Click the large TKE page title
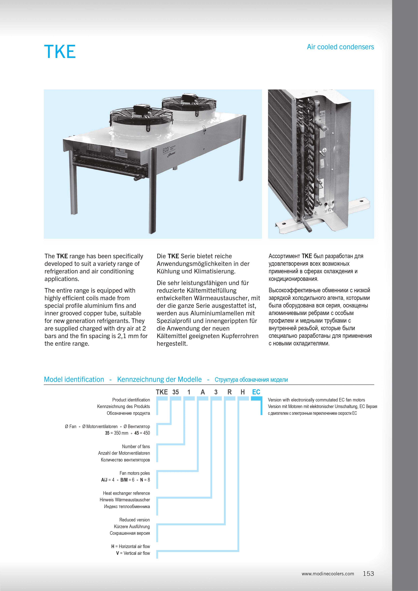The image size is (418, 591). pos(60,52)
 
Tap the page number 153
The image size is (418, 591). pos(368,573)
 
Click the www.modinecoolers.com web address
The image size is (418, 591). pos(328,574)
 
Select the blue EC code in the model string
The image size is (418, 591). pos(256,392)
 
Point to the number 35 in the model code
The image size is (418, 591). pos(176,392)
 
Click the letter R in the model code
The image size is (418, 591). pos(229,392)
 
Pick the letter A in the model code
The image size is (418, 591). pos(203,392)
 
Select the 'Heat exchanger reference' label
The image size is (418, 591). pos(126,493)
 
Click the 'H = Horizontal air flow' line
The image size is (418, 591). pos(131,546)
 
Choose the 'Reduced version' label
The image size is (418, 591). pos(134,520)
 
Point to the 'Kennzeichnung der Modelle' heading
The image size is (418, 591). pos(159,379)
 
